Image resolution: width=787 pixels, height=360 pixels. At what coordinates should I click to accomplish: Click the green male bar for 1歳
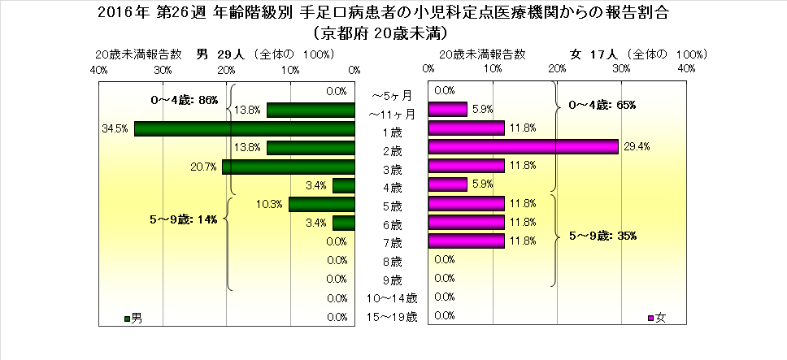[245, 128]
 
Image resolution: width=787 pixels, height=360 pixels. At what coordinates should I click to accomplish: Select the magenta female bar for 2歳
[523, 146]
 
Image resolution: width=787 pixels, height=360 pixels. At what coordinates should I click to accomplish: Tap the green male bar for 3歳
[289, 167]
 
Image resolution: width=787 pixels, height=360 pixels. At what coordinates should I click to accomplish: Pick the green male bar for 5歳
[322, 204]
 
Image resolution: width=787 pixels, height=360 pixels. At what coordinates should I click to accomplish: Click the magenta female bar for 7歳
[467, 241]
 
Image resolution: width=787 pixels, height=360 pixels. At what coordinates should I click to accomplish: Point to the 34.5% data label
[114, 128]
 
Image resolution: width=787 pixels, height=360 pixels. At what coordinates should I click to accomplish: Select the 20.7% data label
[205, 167]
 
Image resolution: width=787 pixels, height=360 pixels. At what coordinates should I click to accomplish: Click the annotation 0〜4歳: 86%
[185, 100]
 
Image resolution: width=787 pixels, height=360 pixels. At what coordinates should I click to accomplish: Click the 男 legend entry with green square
[133, 316]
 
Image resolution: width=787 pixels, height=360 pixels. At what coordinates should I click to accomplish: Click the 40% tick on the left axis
[99, 71]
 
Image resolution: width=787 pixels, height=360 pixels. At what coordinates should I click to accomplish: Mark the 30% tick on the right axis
[621, 71]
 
